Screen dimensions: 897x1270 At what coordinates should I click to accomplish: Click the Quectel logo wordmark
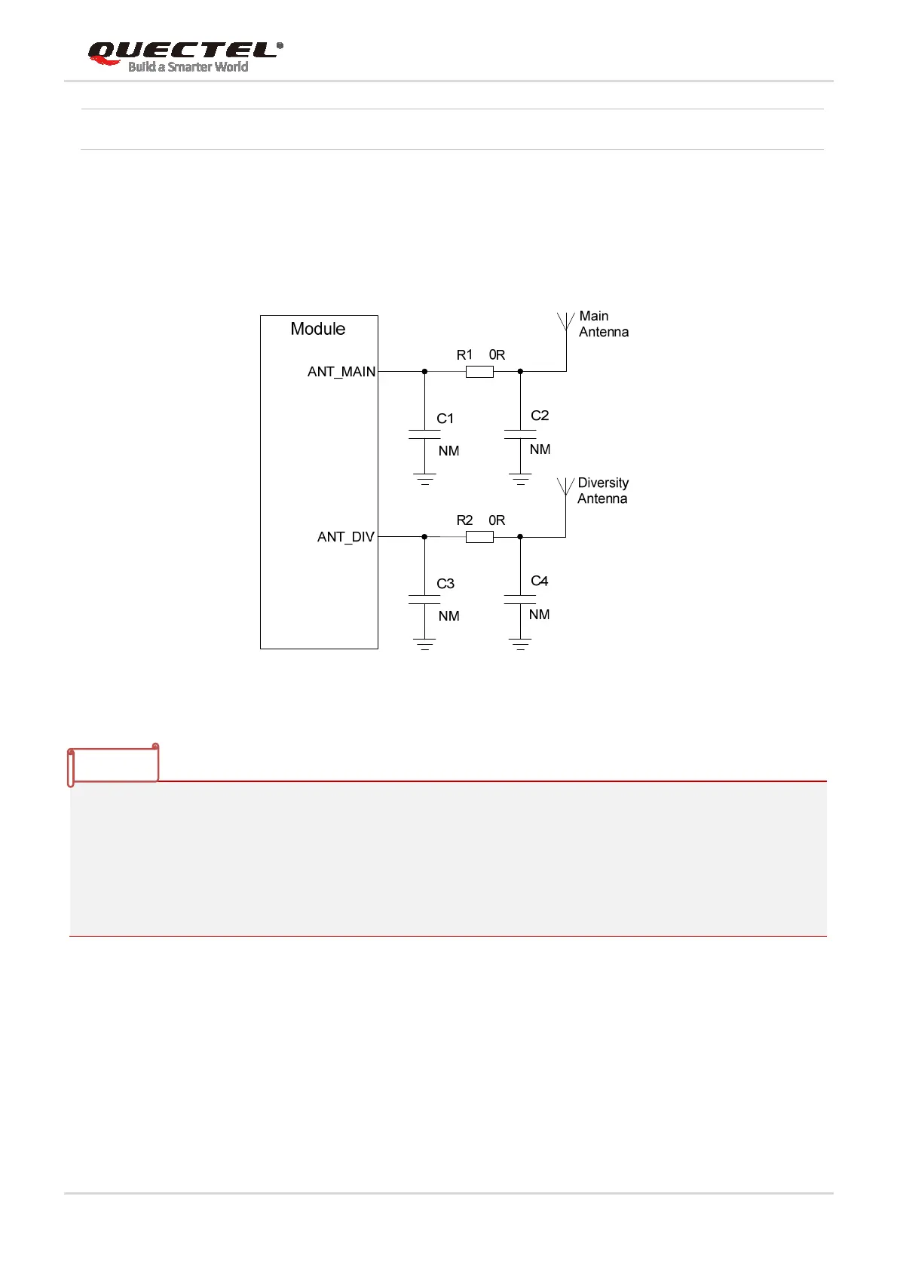[x=183, y=52]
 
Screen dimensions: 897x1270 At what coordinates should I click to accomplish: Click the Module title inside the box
[x=317, y=329]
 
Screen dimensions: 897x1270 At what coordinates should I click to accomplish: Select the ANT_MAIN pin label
[x=341, y=372]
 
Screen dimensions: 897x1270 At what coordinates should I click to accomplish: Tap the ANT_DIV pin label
[x=345, y=537]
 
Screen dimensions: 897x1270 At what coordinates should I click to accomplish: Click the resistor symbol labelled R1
[x=479, y=372]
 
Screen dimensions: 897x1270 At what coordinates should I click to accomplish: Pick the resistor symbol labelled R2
[x=479, y=537]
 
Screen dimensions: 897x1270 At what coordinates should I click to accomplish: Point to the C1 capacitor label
[x=445, y=419]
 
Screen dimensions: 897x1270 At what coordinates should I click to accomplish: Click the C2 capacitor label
[x=540, y=416]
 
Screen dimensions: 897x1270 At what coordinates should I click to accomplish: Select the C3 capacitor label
[x=445, y=584]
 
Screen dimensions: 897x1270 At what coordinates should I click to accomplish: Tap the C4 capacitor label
[x=540, y=581]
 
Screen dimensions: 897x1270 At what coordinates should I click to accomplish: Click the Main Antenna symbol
[x=565, y=323]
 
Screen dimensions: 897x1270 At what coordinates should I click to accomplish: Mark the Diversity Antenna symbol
[x=565, y=487]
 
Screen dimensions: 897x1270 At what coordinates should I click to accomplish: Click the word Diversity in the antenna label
[x=603, y=483]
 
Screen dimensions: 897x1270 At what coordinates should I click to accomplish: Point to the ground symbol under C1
[x=424, y=479]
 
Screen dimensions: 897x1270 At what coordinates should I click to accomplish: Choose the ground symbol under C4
[x=520, y=644]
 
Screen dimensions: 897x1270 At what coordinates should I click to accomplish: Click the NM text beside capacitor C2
[x=540, y=449]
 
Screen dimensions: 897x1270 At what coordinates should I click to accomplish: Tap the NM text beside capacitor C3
[x=448, y=616]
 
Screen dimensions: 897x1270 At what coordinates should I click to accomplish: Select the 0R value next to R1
[x=497, y=355]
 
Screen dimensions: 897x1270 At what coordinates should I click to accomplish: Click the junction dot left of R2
[x=424, y=537]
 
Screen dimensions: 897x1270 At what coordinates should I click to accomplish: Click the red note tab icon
[x=113, y=765]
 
